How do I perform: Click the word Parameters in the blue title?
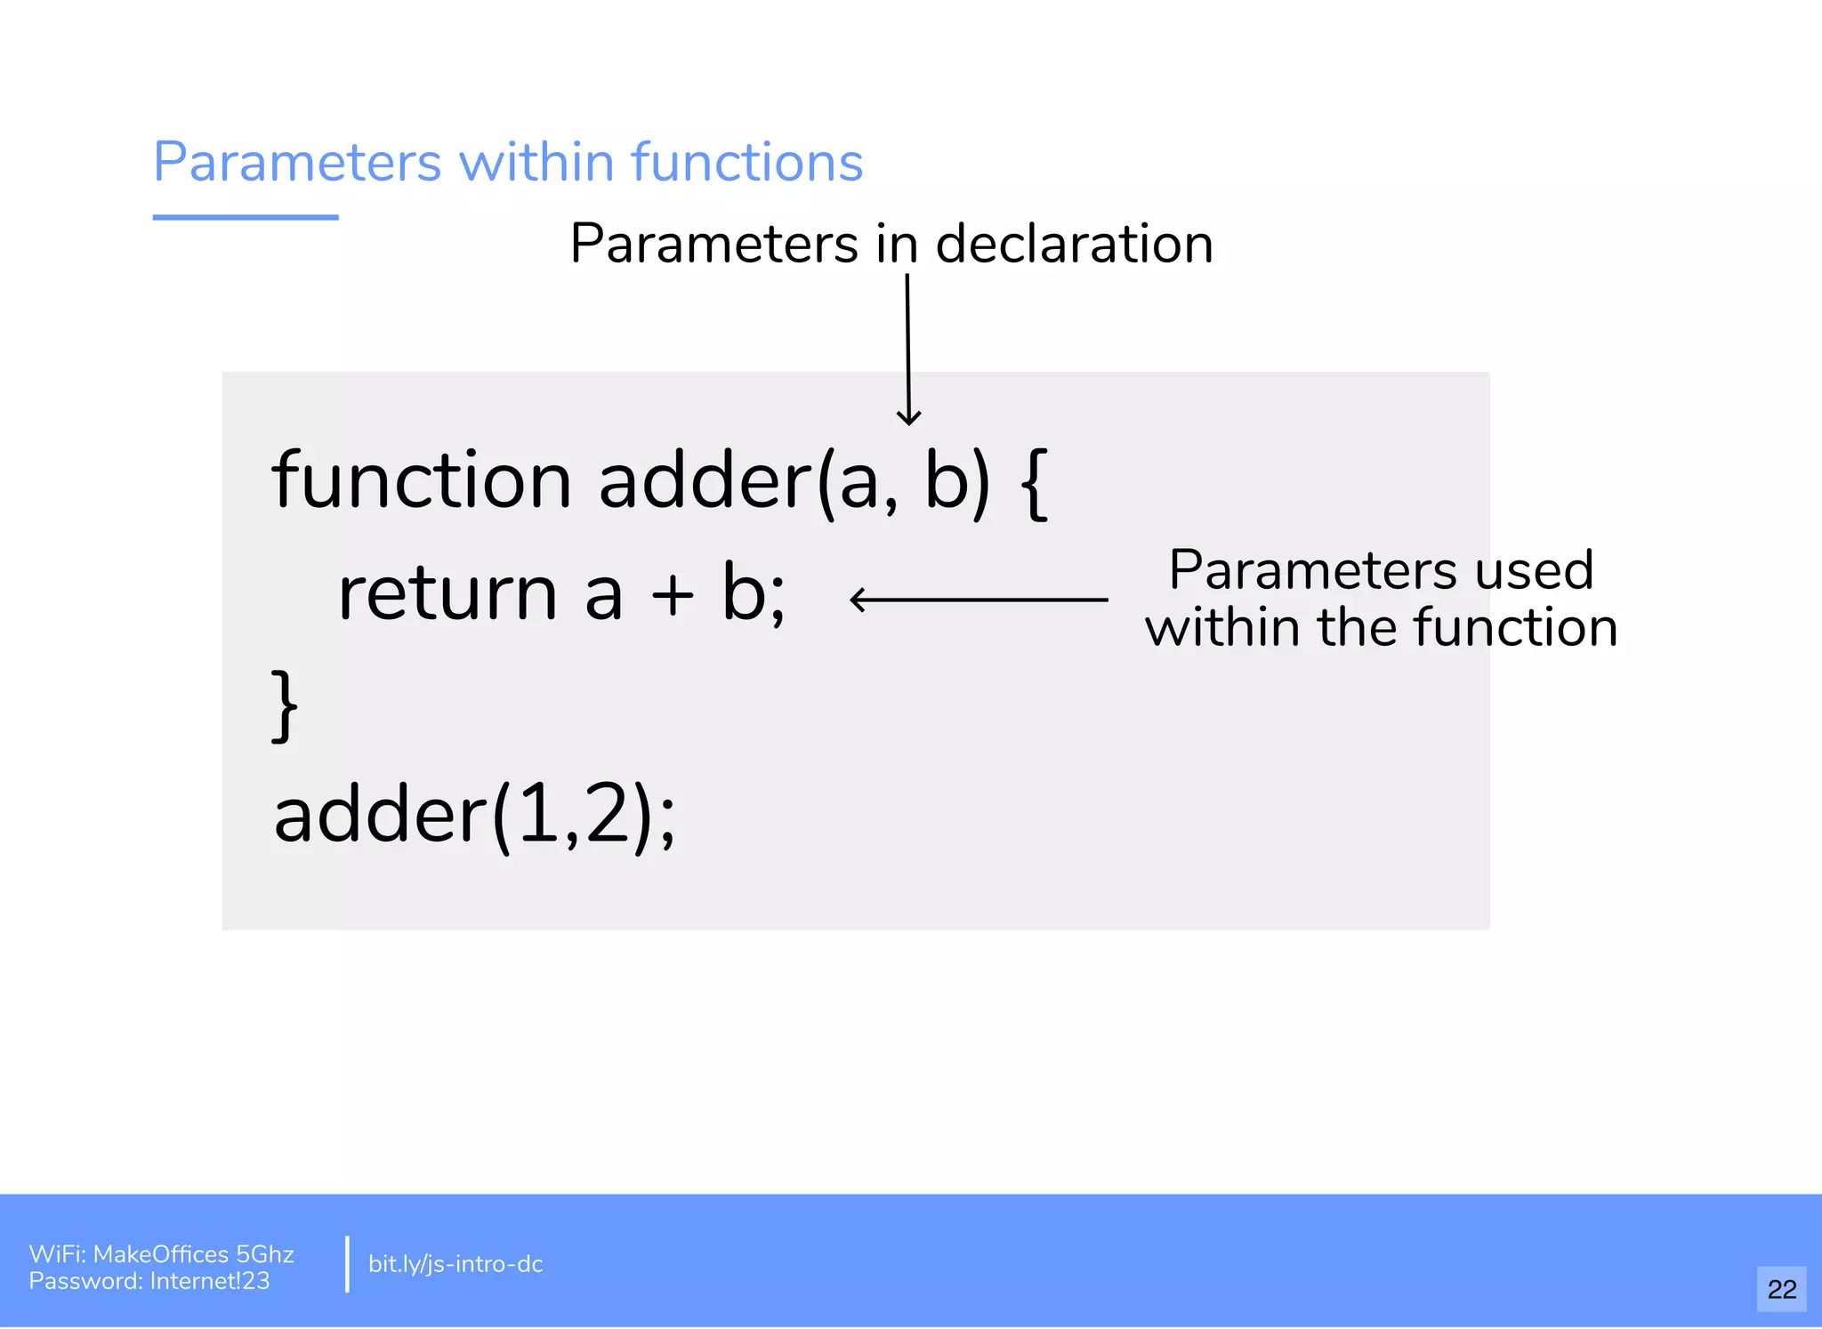pos(297,163)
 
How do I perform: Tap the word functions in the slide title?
pos(746,163)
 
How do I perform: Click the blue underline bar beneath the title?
pos(246,217)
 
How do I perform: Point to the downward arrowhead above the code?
pos(908,418)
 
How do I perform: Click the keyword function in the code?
pos(421,481)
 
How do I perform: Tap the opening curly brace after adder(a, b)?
pos(1035,483)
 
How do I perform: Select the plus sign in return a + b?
pos(673,595)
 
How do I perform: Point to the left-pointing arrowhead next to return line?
pos(858,600)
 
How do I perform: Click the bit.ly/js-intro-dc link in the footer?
pos(455,1264)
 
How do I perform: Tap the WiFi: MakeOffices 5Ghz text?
pos(161,1253)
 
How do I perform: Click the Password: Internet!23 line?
pos(149,1281)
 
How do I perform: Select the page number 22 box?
pos(1781,1289)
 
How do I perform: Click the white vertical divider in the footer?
pos(347,1263)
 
